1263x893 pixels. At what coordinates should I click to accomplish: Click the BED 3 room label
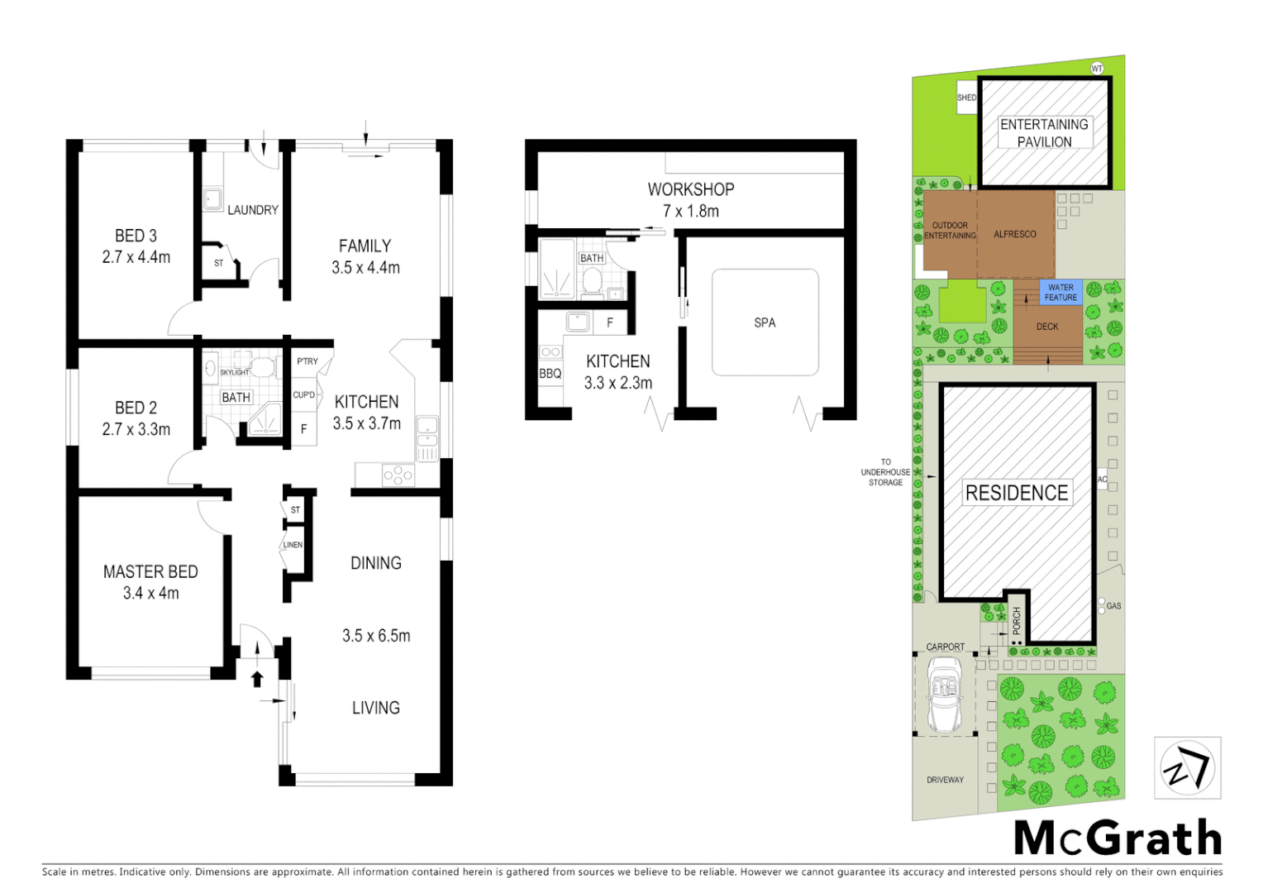tap(136, 236)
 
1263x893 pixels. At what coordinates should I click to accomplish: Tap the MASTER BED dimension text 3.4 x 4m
tap(150, 593)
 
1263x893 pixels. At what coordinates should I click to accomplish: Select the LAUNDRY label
tap(252, 210)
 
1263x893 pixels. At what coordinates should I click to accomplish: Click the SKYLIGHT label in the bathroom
tap(234, 372)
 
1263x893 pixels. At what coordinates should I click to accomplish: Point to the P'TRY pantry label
tap(307, 361)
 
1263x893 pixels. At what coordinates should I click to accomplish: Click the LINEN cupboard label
tap(293, 545)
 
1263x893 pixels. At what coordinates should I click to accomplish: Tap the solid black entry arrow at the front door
tap(257, 679)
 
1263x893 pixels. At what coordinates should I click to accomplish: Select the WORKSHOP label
tap(690, 189)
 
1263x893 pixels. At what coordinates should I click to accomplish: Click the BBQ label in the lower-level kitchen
tap(550, 374)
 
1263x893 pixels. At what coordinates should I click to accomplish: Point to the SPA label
tap(765, 322)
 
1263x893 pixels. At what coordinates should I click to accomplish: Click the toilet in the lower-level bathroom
tap(592, 282)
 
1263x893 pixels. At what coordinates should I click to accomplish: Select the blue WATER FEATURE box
tap(1060, 293)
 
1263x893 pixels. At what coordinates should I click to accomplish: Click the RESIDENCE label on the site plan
tap(1017, 493)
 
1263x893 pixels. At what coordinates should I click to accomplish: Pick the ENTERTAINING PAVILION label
tap(1044, 133)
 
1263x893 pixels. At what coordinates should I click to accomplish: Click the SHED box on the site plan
tap(966, 98)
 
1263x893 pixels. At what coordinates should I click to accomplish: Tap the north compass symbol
tap(1187, 768)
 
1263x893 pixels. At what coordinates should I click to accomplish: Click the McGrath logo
tap(1118, 838)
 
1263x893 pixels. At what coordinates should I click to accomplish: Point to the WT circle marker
tap(1097, 69)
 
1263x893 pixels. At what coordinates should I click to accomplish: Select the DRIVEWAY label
tap(945, 780)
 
